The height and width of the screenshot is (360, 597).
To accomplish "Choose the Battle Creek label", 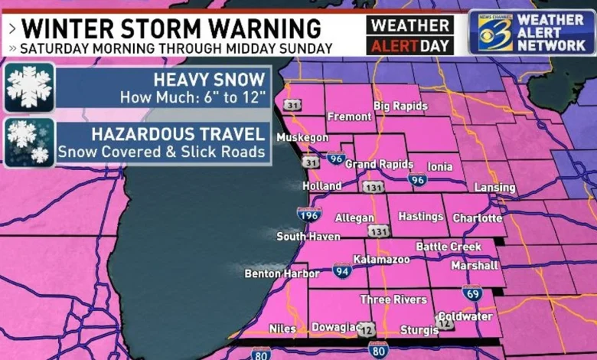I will [x=449, y=247].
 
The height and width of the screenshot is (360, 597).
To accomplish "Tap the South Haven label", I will [x=308, y=237].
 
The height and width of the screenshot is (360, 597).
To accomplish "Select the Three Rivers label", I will [x=393, y=299].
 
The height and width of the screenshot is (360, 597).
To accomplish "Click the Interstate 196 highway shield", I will [x=309, y=215].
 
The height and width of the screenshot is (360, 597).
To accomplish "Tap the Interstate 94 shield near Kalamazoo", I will [x=342, y=270].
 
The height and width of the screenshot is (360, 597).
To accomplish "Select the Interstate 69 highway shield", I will [x=472, y=292].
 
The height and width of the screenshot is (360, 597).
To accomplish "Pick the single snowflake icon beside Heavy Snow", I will [x=29, y=87].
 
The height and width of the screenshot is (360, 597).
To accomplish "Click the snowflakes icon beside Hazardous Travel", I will [x=29, y=142].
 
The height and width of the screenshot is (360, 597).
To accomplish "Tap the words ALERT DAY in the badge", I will [x=409, y=45].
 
